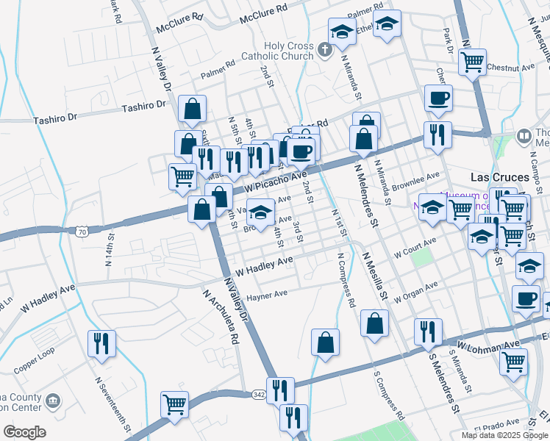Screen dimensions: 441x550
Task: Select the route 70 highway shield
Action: pos(81,232)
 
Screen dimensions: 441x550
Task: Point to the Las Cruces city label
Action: pos(499,177)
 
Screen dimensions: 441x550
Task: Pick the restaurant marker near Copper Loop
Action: pos(101,343)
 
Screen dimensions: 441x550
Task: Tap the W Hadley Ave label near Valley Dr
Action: pos(264,262)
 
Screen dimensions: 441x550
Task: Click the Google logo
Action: pos(24,432)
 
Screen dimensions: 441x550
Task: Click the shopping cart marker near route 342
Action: pos(175,404)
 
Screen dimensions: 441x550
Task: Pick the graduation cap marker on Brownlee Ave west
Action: pos(259,212)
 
